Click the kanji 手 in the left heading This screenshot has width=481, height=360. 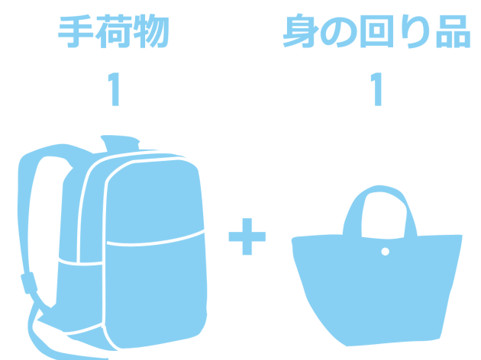pyautogui.click(x=76, y=31)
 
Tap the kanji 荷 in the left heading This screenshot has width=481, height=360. pyautogui.click(x=114, y=31)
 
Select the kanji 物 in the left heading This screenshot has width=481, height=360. pyautogui.click(x=151, y=31)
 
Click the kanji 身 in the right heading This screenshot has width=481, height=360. pyautogui.click(x=301, y=31)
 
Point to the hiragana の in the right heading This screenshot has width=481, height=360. pyautogui.click(x=339, y=32)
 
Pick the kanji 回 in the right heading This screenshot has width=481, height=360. pyautogui.click(x=376, y=31)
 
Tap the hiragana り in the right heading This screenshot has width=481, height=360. pyautogui.click(x=415, y=31)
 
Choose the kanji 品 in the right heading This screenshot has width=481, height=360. pyautogui.click(x=453, y=31)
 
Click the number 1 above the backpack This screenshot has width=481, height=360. pyautogui.click(x=114, y=89)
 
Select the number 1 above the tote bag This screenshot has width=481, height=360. pyautogui.click(x=376, y=89)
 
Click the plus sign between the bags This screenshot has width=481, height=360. pyautogui.click(x=247, y=236)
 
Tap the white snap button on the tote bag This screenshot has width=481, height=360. pyautogui.click(x=386, y=252)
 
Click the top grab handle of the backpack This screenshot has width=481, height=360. pyautogui.click(x=120, y=142)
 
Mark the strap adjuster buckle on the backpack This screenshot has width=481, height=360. pyautogui.click(x=29, y=283)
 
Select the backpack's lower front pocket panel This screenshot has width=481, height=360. pyautogui.click(x=155, y=291)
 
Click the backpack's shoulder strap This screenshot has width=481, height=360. pyautogui.click(x=24, y=214)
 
